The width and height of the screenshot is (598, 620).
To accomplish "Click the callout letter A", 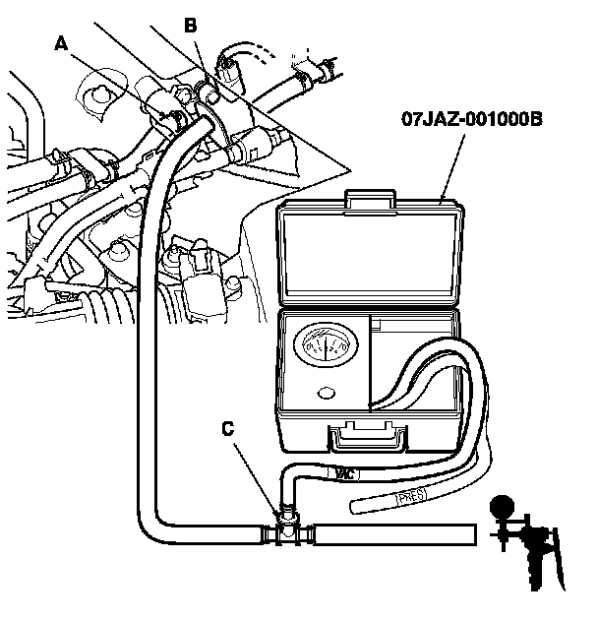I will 61,43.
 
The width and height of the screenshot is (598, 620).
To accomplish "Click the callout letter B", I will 191,26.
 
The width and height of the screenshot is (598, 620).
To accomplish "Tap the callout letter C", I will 228,429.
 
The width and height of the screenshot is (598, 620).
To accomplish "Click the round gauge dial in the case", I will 326,348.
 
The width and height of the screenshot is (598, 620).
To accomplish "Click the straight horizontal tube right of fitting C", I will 393,534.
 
